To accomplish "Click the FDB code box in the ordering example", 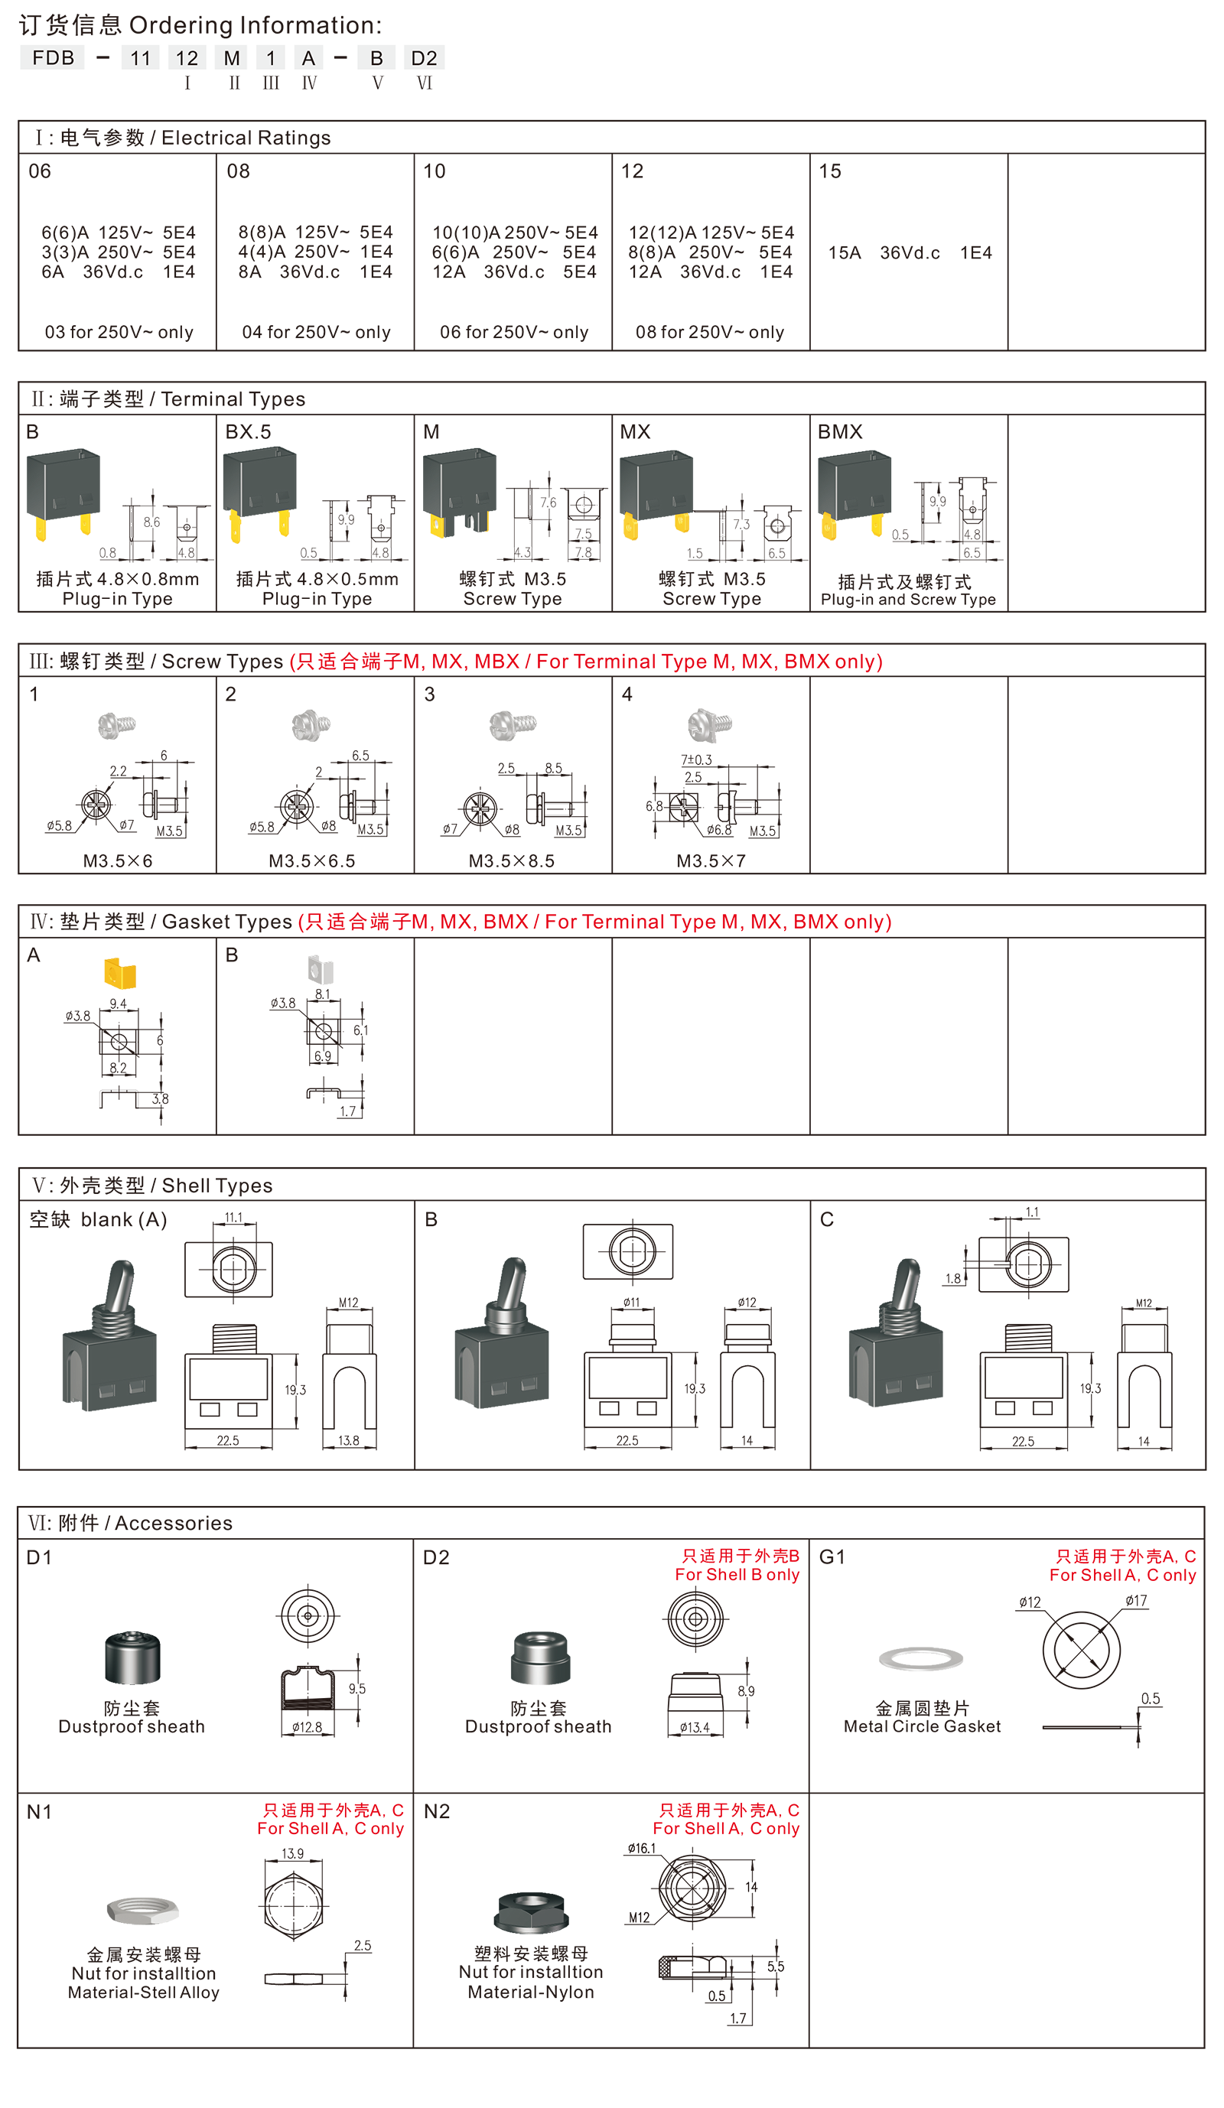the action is coord(52,57).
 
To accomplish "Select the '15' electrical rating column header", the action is coord(829,171).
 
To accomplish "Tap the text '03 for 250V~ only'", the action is coord(119,332).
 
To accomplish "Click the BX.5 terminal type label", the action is coord(249,431).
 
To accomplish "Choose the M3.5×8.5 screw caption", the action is coord(511,860).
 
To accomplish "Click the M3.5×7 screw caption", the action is coord(711,860).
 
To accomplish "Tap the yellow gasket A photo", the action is coord(119,972).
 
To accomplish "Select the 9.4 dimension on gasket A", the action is coord(118,1004).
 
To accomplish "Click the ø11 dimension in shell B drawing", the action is coord(632,1303).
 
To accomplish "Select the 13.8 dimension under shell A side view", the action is coord(349,1440).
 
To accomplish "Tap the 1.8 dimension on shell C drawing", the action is coord(953,1279).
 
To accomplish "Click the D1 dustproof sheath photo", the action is coord(132,1657).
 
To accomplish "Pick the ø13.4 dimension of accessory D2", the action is coord(695,1727).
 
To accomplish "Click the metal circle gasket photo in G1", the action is coord(920,1659).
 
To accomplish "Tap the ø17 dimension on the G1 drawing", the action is coord(1136,1601).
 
